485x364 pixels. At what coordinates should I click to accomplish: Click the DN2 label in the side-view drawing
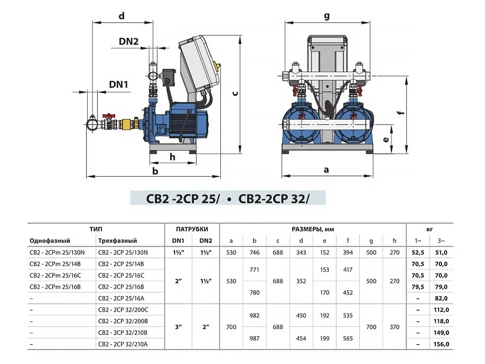(x=129, y=41)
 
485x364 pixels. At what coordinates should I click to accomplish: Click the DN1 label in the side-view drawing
(x=118, y=84)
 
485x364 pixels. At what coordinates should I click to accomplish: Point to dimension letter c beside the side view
(x=234, y=93)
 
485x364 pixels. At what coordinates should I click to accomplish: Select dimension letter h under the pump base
(x=173, y=157)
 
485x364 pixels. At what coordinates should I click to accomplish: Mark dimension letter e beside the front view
(x=386, y=140)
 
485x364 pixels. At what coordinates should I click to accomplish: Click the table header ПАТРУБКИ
(x=192, y=229)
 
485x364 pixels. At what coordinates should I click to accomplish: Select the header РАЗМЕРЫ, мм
(x=313, y=229)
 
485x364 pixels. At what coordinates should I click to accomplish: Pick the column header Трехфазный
(x=117, y=241)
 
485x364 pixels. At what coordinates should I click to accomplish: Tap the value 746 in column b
(x=255, y=252)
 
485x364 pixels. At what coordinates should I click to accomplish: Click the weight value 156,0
(x=441, y=344)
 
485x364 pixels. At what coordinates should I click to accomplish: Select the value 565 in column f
(x=348, y=339)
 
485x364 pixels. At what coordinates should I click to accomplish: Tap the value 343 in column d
(x=301, y=252)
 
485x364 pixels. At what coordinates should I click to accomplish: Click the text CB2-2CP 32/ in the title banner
(x=273, y=199)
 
